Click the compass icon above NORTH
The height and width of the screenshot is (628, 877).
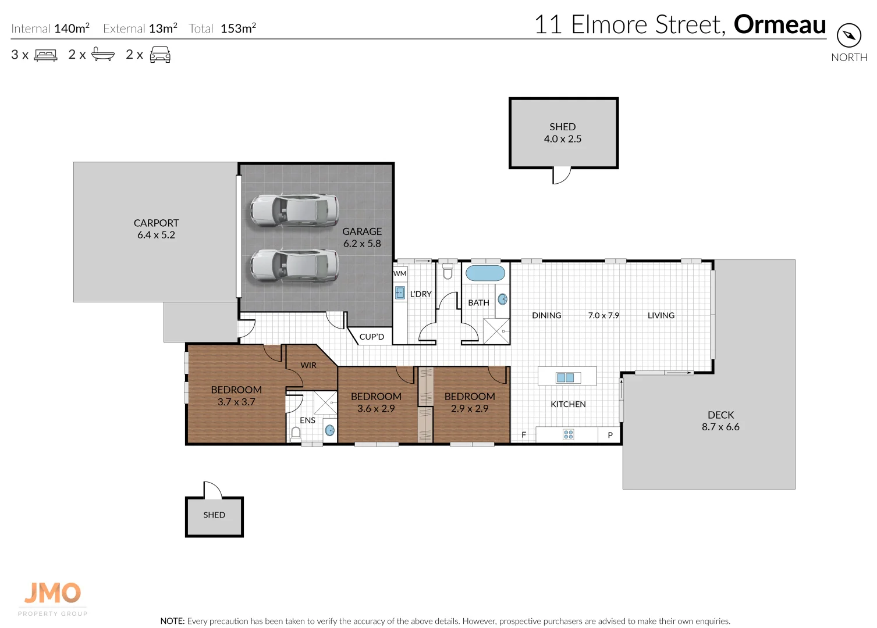point(849,35)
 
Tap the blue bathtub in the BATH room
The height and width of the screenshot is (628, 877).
point(485,273)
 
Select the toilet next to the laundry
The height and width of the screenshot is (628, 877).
point(448,271)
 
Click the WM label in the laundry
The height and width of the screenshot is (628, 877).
point(400,273)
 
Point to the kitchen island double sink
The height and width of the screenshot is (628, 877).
point(565,377)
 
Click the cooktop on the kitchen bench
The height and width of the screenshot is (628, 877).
point(568,434)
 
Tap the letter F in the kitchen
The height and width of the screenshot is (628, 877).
point(523,435)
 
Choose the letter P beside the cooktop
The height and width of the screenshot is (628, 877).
point(610,435)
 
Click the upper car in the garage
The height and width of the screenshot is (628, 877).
point(294,210)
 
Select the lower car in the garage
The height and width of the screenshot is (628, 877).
point(294,265)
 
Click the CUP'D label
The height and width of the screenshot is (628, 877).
point(371,337)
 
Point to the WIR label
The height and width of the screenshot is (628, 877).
point(308,365)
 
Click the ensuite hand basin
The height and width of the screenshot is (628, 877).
point(329,430)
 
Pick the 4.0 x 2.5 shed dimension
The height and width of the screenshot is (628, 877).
point(562,139)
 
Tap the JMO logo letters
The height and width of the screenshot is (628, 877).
point(53,593)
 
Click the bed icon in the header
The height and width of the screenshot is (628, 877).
point(46,55)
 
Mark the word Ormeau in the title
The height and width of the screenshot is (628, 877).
point(779,24)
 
